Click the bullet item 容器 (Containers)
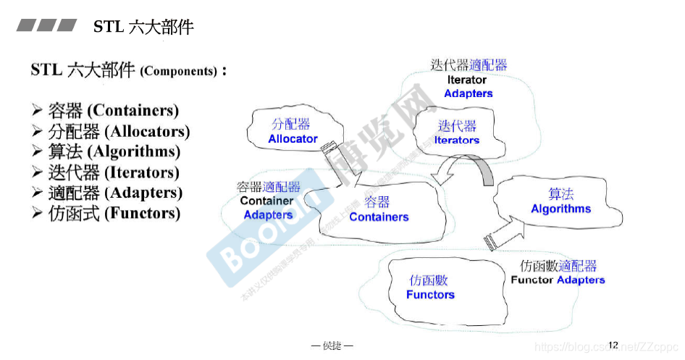pyautogui.click(x=113, y=111)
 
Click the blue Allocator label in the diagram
pyautogui.click(x=293, y=139)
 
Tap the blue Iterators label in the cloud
pyautogui.click(x=456, y=141)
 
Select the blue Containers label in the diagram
pyautogui.click(x=379, y=217)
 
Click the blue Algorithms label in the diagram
pyautogui.click(x=560, y=209)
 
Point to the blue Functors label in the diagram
pyautogui.click(x=430, y=295)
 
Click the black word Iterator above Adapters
pyautogui.click(x=466, y=80)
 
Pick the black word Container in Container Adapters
pyautogui.click(x=267, y=201)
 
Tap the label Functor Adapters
pyautogui.click(x=558, y=280)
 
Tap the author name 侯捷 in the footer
pyautogui.click(x=332, y=346)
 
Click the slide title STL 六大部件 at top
pyautogui.click(x=143, y=28)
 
